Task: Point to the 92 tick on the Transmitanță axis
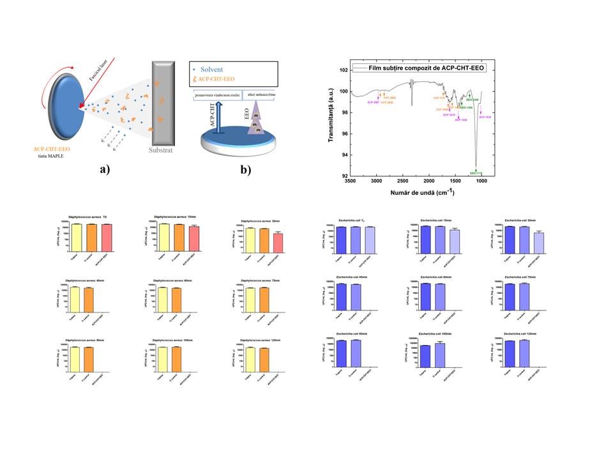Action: pyautogui.click(x=343, y=176)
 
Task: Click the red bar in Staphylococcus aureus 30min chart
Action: pyautogui.click(x=277, y=243)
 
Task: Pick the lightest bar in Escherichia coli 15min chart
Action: pyautogui.click(x=455, y=238)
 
